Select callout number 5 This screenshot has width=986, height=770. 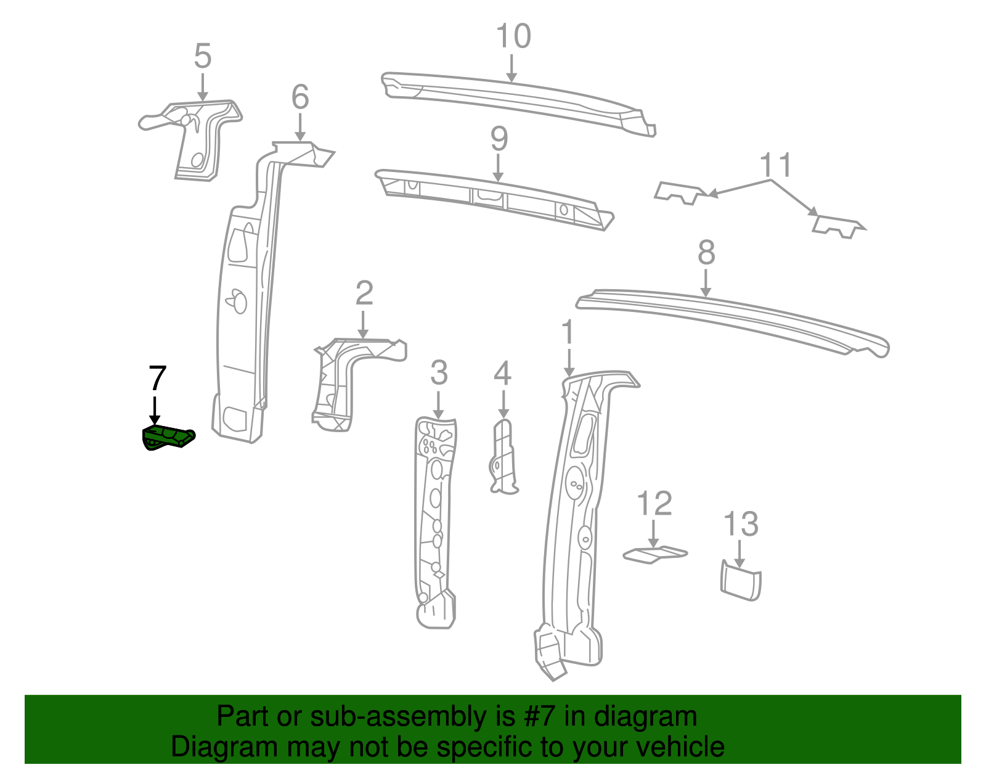pos(203,56)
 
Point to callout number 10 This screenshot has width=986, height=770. pos(513,36)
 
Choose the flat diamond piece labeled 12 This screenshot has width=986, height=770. pos(654,554)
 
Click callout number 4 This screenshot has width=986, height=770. pos(503,374)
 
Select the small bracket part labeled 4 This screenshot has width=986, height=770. pos(503,456)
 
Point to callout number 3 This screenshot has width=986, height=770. pos(438,373)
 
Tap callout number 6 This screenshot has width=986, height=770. pos(300,97)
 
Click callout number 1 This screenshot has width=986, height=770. pos(568,333)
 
